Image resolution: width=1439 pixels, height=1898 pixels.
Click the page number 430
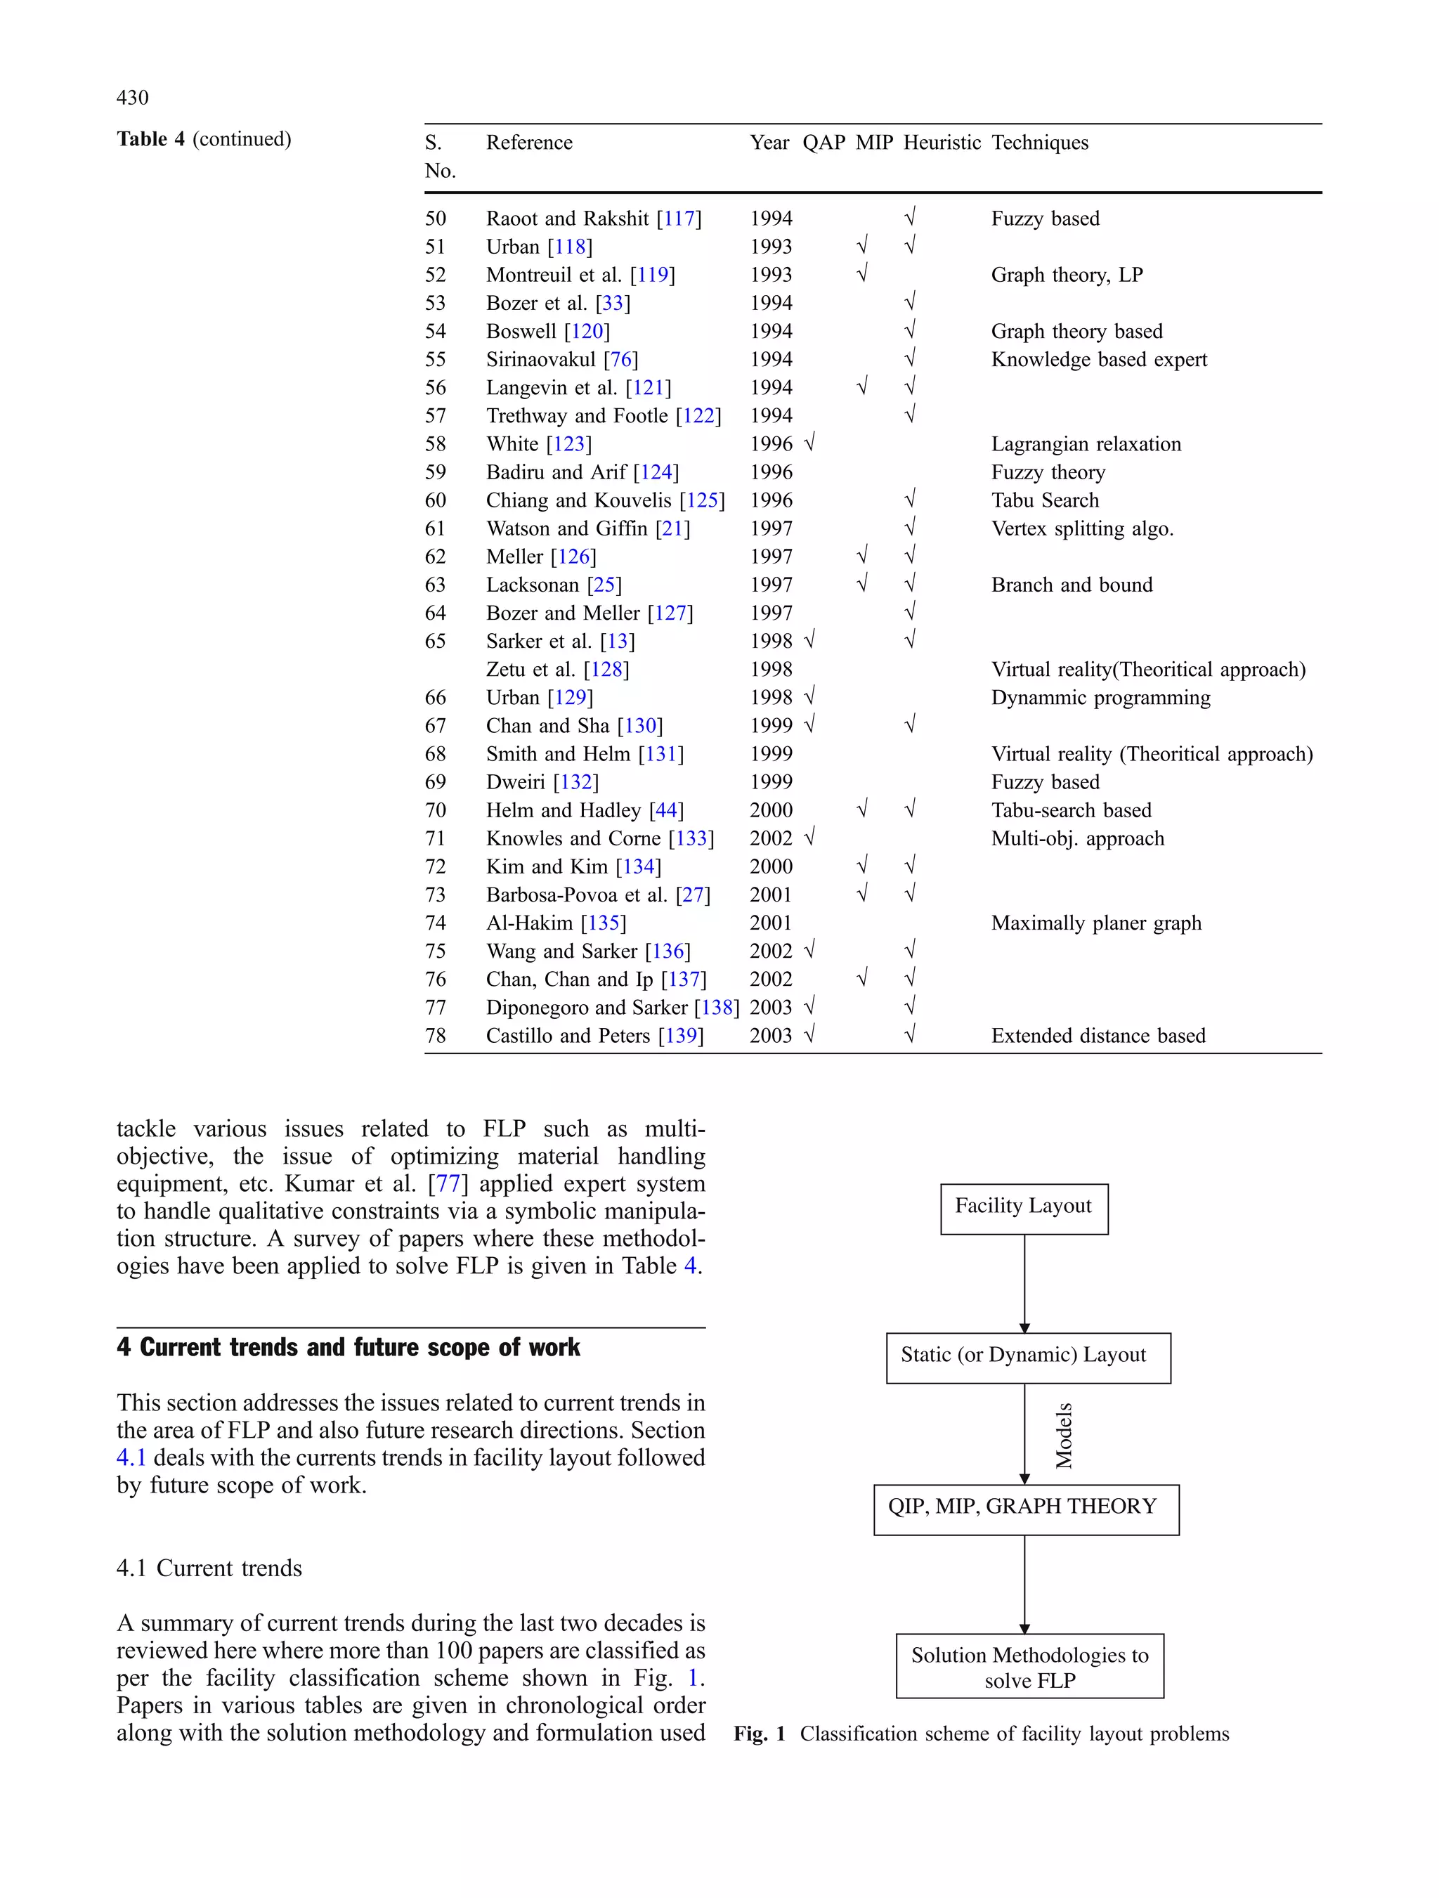(x=132, y=98)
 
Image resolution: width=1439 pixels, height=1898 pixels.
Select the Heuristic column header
(x=942, y=143)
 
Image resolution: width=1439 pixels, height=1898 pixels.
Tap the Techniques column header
(x=1039, y=143)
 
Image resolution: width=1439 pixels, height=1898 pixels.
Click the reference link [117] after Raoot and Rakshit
(x=679, y=219)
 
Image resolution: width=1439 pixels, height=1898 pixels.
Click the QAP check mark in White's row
(x=809, y=443)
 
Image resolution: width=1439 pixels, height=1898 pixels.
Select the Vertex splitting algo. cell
(x=1081, y=528)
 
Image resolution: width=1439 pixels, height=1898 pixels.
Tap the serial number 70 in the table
(x=435, y=811)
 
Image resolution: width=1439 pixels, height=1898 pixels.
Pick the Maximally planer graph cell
(x=1096, y=923)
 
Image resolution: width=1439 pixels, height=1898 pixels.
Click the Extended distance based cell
(x=1098, y=1036)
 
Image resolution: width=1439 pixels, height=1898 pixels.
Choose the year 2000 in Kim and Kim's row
(x=771, y=866)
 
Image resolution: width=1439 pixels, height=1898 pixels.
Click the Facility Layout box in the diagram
(x=1023, y=1208)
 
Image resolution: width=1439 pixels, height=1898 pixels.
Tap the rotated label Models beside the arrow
(x=1063, y=1435)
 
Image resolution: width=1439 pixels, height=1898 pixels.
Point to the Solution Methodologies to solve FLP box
(x=1029, y=1665)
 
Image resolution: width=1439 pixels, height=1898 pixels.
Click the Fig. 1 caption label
(x=760, y=1734)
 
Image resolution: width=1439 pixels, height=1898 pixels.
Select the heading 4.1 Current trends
(x=209, y=1568)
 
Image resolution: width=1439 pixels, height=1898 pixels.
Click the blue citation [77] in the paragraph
(x=448, y=1184)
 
